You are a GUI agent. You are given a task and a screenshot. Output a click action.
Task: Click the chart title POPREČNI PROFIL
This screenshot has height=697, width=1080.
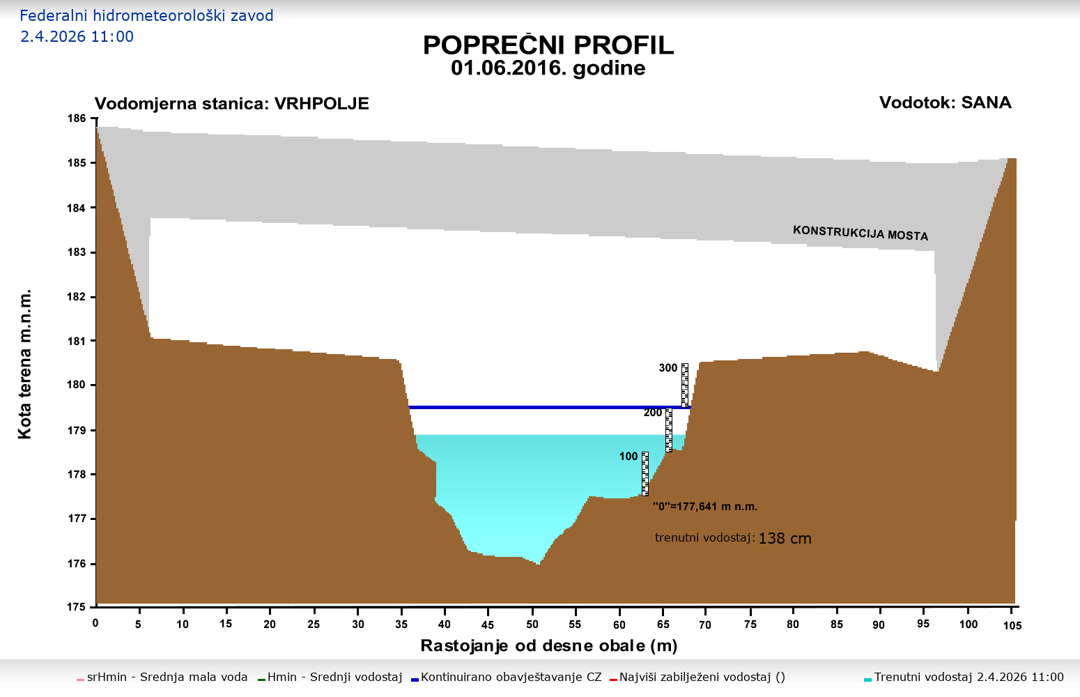click(x=548, y=45)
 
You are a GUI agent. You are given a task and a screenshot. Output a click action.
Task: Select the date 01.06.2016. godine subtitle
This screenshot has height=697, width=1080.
click(x=548, y=68)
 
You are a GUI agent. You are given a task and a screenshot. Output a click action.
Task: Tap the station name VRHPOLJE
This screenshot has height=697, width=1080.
click(x=321, y=104)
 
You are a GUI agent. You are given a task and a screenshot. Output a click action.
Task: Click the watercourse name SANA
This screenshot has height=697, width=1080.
click(x=986, y=102)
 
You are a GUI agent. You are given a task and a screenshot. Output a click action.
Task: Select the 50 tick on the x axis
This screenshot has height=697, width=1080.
click(x=532, y=624)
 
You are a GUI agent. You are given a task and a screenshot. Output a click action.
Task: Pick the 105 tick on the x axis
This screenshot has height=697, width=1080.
click(x=1012, y=625)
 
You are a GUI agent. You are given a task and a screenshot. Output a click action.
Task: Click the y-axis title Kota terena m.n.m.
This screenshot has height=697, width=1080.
click(x=25, y=363)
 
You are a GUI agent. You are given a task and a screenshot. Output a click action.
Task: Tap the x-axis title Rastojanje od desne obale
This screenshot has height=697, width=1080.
click(x=548, y=646)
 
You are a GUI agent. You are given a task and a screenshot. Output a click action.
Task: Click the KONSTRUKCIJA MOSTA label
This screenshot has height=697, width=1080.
click(x=861, y=233)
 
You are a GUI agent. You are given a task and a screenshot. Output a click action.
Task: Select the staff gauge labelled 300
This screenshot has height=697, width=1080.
click(x=685, y=385)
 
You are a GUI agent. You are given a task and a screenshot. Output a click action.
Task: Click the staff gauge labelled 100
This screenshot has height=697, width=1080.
click(x=645, y=473)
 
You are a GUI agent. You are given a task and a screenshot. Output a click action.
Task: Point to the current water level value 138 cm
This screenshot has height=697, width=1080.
click(x=785, y=539)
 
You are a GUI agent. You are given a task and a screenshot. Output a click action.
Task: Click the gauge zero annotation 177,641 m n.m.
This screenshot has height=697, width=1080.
click(x=704, y=507)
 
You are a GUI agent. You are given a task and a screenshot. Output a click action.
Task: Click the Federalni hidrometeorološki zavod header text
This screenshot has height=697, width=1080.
click(x=146, y=15)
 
